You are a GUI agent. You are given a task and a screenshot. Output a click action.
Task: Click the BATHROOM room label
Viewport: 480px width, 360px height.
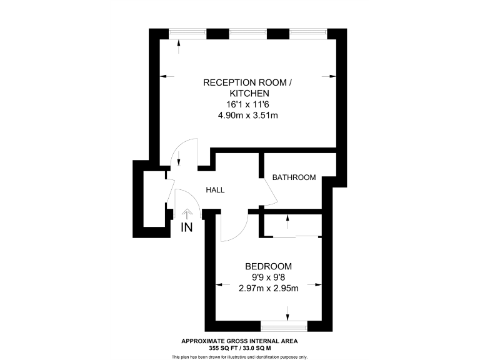pyautogui.click(x=294, y=177)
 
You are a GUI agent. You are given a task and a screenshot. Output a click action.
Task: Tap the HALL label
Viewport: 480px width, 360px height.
pyautogui.click(x=215, y=190)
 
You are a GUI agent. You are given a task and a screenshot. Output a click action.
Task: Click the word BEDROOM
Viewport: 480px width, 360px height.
pyautogui.click(x=268, y=266)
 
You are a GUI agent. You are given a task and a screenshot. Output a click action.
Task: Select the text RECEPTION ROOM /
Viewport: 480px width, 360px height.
pyautogui.click(x=247, y=82)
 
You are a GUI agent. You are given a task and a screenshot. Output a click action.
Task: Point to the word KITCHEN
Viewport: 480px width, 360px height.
pyautogui.click(x=247, y=93)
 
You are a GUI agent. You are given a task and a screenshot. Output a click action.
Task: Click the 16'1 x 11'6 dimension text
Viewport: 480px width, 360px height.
pyautogui.click(x=247, y=104)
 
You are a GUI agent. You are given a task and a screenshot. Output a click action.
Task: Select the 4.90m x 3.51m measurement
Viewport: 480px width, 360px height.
pyautogui.click(x=247, y=115)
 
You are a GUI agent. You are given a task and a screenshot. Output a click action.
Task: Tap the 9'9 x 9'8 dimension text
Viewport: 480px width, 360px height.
pyautogui.click(x=268, y=277)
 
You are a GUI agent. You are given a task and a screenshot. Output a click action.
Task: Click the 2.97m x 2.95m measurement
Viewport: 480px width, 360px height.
pyautogui.click(x=268, y=288)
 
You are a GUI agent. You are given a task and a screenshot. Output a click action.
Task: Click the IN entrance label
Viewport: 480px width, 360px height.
pyautogui.click(x=186, y=228)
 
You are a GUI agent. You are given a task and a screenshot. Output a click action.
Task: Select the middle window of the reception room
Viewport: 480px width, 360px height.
pyautogui.click(x=248, y=33)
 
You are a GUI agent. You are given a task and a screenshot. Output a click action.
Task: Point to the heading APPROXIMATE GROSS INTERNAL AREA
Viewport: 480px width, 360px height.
pyautogui.click(x=239, y=341)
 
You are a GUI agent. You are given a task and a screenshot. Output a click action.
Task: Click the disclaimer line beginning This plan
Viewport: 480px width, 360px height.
pyautogui.click(x=239, y=356)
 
